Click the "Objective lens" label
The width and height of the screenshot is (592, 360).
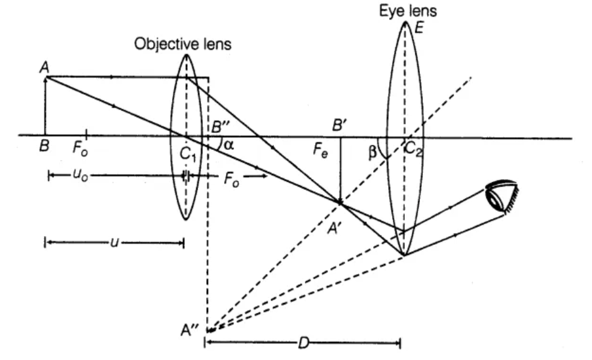(x=183, y=44)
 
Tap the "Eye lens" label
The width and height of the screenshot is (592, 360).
(x=408, y=11)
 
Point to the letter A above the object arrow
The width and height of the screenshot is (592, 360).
(x=44, y=68)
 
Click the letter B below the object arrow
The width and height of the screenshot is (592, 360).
(x=44, y=146)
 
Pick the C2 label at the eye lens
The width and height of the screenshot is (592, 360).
(x=413, y=149)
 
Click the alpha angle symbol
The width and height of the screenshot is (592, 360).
(x=229, y=144)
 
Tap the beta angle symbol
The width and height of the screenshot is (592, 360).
(x=373, y=152)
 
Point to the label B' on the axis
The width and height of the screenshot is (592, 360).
(x=339, y=125)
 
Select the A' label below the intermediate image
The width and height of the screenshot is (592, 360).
(x=334, y=228)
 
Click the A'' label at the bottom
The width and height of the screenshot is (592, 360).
(x=190, y=330)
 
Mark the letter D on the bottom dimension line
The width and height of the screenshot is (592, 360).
(x=304, y=344)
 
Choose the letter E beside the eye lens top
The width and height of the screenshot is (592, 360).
(x=419, y=28)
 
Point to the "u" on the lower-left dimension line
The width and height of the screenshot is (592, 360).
(x=114, y=242)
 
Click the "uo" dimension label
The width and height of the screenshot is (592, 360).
(x=80, y=176)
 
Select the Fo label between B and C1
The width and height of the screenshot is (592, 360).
(x=80, y=149)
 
